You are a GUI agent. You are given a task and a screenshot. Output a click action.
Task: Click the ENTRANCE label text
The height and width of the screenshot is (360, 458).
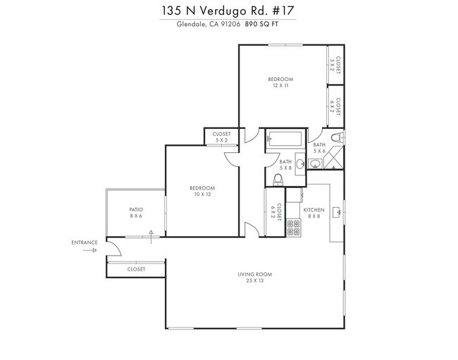pyautogui.click(x=84, y=242)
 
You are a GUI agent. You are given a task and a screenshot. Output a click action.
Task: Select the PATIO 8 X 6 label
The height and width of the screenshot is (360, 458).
pyautogui.click(x=135, y=212)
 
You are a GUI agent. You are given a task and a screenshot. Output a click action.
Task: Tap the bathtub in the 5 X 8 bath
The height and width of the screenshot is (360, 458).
pyautogui.click(x=285, y=139)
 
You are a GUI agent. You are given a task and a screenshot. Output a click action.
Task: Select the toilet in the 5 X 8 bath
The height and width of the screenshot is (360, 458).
pyautogui.click(x=278, y=181)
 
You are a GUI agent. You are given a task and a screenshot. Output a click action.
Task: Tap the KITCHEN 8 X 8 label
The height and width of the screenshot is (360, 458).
pyautogui.click(x=313, y=213)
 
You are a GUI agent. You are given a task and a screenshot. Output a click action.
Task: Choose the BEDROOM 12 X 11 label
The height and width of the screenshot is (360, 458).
pyautogui.click(x=280, y=82)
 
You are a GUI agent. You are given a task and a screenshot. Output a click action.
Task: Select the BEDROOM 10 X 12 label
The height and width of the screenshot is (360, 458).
pyautogui.click(x=202, y=191)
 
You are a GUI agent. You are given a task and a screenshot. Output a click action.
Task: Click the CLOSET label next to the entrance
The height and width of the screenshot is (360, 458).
pyautogui.click(x=136, y=269)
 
